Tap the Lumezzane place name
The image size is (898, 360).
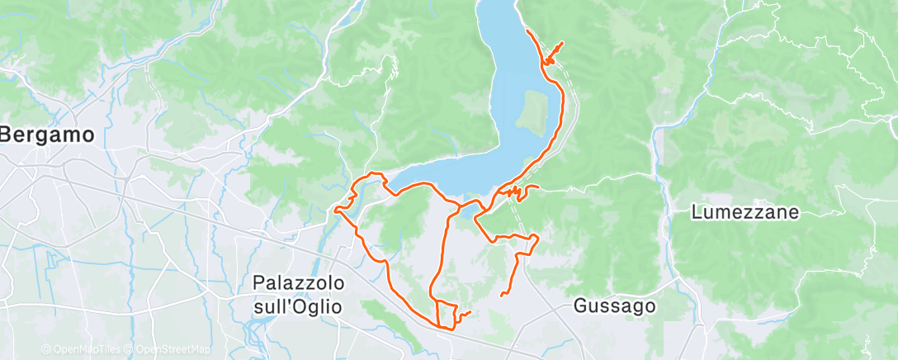click(745, 212)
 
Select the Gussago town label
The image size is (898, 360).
click(615, 306)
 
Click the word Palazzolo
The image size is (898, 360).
click(298, 283)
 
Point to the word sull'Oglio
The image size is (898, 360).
click(298, 306)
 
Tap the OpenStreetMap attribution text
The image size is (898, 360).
click(173, 349)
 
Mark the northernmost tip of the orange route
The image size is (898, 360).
click(527, 31)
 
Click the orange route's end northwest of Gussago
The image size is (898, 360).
click(502, 295)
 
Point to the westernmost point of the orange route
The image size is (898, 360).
click(334, 211)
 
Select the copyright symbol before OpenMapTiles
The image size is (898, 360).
click(46, 349)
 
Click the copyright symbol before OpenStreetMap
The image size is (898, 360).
click(130, 349)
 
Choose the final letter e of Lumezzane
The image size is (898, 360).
click(794, 213)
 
